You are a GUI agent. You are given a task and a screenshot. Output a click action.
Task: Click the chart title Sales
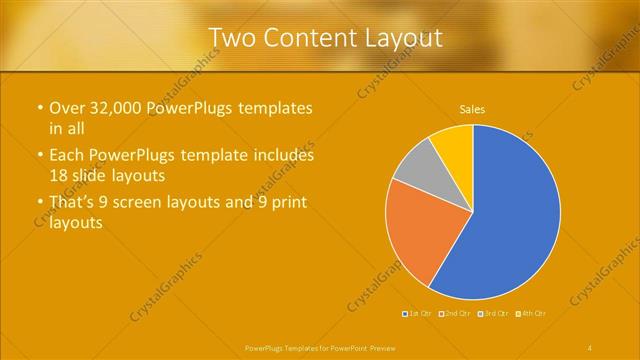click(472, 109)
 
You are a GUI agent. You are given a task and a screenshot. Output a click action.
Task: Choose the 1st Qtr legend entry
click(418, 313)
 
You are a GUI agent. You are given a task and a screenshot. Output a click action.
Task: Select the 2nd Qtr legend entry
click(458, 313)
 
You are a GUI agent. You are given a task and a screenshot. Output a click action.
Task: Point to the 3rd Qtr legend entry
click(496, 313)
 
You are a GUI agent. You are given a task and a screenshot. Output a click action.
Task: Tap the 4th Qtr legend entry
click(533, 313)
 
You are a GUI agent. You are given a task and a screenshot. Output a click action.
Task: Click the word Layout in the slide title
click(400, 38)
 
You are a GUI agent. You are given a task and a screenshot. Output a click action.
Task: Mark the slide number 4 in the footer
click(590, 347)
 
